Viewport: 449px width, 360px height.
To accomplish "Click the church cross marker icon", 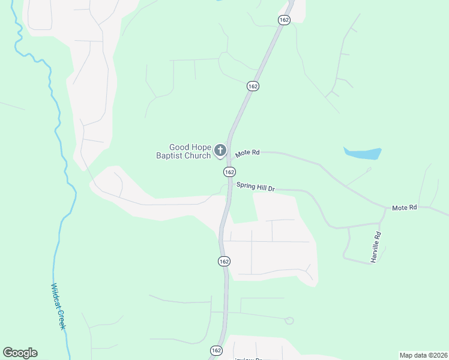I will (220, 150).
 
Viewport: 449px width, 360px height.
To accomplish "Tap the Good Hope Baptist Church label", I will (189, 151).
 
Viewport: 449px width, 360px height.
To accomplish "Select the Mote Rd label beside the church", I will (247, 153).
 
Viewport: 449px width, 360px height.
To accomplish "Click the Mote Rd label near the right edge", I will (404, 208).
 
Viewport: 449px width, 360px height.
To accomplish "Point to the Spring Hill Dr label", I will (255, 187).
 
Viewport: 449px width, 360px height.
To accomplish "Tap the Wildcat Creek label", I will (58, 305).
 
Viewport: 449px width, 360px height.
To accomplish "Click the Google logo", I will (20, 353).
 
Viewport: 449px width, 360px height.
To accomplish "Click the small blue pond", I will (363, 154).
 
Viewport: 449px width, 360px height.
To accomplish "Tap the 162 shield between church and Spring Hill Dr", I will (229, 172).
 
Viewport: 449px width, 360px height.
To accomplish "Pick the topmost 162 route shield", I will (284, 20).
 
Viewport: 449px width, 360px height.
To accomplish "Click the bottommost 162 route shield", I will (216, 350).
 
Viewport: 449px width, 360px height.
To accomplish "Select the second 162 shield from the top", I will (253, 86).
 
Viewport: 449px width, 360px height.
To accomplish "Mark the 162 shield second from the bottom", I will (223, 262).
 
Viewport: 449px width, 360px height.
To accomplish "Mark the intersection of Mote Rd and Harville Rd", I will (385, 209).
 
